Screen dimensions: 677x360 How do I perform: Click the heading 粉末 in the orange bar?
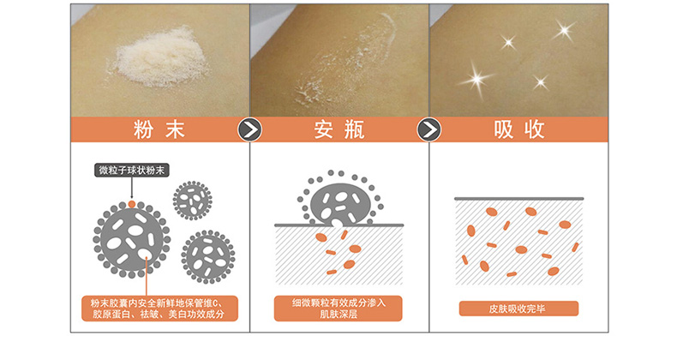point(159,129)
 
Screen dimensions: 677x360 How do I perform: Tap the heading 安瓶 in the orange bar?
point(339,129)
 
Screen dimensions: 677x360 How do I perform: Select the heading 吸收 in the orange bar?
point(519,129)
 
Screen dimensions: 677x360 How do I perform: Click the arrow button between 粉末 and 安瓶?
point(249,129)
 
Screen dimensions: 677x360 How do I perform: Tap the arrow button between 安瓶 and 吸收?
point(429,129)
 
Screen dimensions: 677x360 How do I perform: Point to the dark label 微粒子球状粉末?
point(132,170)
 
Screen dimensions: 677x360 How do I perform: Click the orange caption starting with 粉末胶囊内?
point(159,309)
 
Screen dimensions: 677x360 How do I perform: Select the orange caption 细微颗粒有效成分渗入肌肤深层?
point(338,309)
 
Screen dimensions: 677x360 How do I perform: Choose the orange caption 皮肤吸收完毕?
point(518,309)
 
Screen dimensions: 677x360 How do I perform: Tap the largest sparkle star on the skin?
point(476,79)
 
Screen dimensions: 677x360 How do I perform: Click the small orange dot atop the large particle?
point(132,204)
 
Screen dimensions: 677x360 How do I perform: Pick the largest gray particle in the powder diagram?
point(132,239)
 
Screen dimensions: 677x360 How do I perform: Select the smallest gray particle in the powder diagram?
point(193,201)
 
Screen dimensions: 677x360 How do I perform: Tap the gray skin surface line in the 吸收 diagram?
point(518,199)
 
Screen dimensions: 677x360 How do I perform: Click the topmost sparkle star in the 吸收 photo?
point(564,31)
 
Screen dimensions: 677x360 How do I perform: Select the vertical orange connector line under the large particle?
point(147,276)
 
